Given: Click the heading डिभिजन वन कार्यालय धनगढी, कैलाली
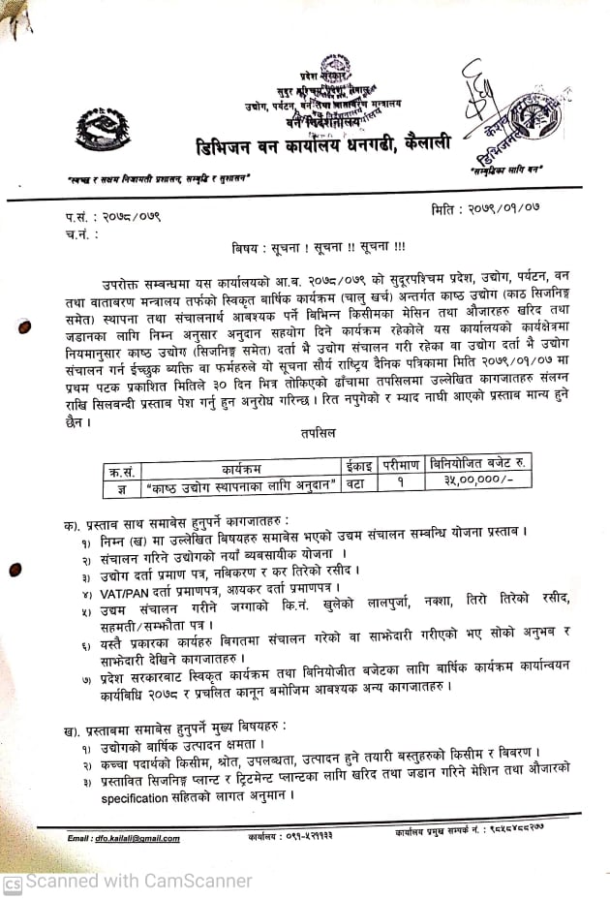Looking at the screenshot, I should (x=320, y=144).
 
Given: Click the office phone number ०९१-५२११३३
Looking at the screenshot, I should (x=302, y=836).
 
